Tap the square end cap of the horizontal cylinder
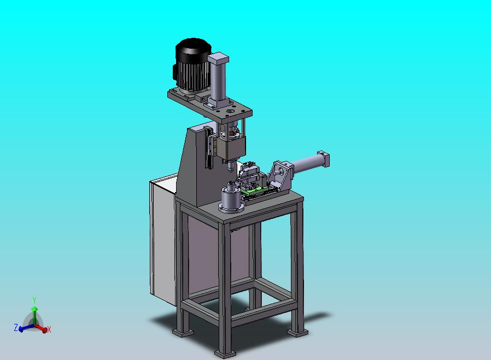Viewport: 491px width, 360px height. (x=324, y=159)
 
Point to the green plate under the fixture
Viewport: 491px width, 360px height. (x=254, y=189)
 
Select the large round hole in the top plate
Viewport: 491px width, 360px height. (x=231, y=111)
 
